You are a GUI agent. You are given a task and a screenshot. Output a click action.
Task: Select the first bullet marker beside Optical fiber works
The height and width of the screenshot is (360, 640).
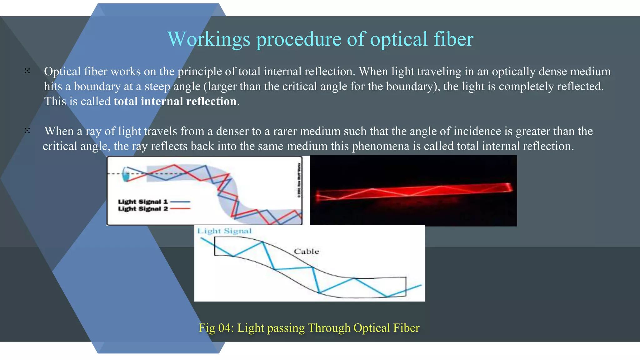(x=27, y=71)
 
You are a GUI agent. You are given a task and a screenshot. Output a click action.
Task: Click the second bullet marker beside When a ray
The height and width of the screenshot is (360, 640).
(x=27, y=131)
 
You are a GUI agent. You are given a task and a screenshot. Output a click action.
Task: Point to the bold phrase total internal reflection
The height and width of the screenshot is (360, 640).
(x=175, y=102)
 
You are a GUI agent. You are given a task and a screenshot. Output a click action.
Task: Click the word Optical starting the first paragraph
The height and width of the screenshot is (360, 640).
(x=62, y=72)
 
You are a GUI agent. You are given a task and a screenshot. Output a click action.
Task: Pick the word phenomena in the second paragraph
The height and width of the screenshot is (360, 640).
(x=381, y=146)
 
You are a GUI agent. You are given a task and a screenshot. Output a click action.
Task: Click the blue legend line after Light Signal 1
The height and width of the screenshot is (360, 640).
(x=180, y=202)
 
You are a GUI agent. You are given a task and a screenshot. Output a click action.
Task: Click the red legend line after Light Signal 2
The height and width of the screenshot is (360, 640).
(x=180, y=209)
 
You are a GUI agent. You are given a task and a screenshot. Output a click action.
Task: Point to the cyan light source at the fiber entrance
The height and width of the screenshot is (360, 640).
(x=126, y=174)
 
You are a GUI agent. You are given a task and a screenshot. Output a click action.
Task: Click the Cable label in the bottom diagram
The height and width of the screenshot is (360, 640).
(x=306, y=252)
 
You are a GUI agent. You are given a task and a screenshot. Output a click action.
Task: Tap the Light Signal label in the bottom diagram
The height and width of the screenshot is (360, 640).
(x=224, y=231)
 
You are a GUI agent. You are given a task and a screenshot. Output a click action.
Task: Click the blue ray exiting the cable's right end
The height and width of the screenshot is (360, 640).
(x=414, y=288)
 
